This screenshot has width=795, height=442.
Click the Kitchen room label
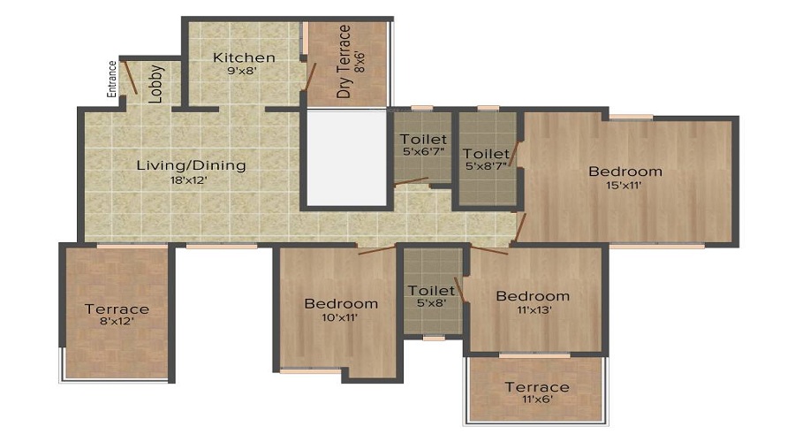[244, 57]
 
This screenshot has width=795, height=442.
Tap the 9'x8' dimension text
[243, 71]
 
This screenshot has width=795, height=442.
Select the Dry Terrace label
[344, 61]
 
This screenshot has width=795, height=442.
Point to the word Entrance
[111, 80]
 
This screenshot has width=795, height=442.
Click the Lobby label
[155, 84]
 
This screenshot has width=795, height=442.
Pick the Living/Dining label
[191, 165]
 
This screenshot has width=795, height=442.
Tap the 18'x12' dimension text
[189, 179]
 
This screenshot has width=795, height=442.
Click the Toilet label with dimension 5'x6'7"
[423, 139]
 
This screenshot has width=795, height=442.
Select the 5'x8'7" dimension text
[486, 165]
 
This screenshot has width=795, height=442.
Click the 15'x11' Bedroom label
[625, 171]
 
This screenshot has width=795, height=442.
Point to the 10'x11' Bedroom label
[341, 304]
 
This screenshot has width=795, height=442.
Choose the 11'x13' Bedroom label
[533, 296]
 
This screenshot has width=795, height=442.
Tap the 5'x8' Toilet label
[431, 290]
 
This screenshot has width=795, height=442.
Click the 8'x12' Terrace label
[117, 309]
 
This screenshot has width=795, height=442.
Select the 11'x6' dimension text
[537, 400]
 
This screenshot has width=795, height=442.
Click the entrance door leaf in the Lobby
[131, 78]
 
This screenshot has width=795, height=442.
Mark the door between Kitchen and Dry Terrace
[309, 77]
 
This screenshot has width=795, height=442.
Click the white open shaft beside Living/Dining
[347, 158]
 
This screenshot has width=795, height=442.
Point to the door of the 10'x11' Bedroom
[376, 249]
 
